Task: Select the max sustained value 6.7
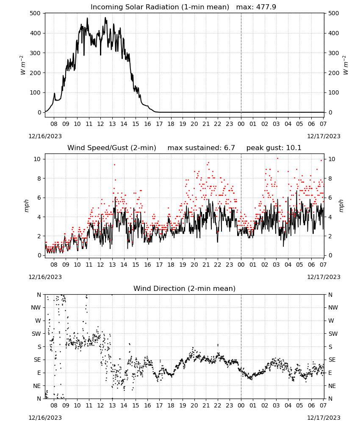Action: (229, 148)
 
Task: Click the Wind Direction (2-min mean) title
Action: (185, 288)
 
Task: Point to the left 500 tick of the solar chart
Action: (35, 13)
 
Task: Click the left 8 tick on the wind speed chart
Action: (39, 179)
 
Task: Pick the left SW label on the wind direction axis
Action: (36, 334)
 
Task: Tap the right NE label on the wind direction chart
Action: (332, 386)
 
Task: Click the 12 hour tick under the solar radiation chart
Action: (100, 124)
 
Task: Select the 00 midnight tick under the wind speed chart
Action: (241, 265)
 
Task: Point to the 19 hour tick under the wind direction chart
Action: (183, 405)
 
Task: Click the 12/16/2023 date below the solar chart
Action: (45, 136)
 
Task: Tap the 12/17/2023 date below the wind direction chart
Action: (324, 418)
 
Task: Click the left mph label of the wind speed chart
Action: (26, 206)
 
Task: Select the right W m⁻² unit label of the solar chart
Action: (346, 65)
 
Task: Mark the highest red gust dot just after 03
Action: (277, 159)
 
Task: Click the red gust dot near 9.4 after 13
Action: (114, 165)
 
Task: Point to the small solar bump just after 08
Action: (54, 94)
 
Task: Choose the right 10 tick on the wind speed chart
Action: (332, 159)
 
